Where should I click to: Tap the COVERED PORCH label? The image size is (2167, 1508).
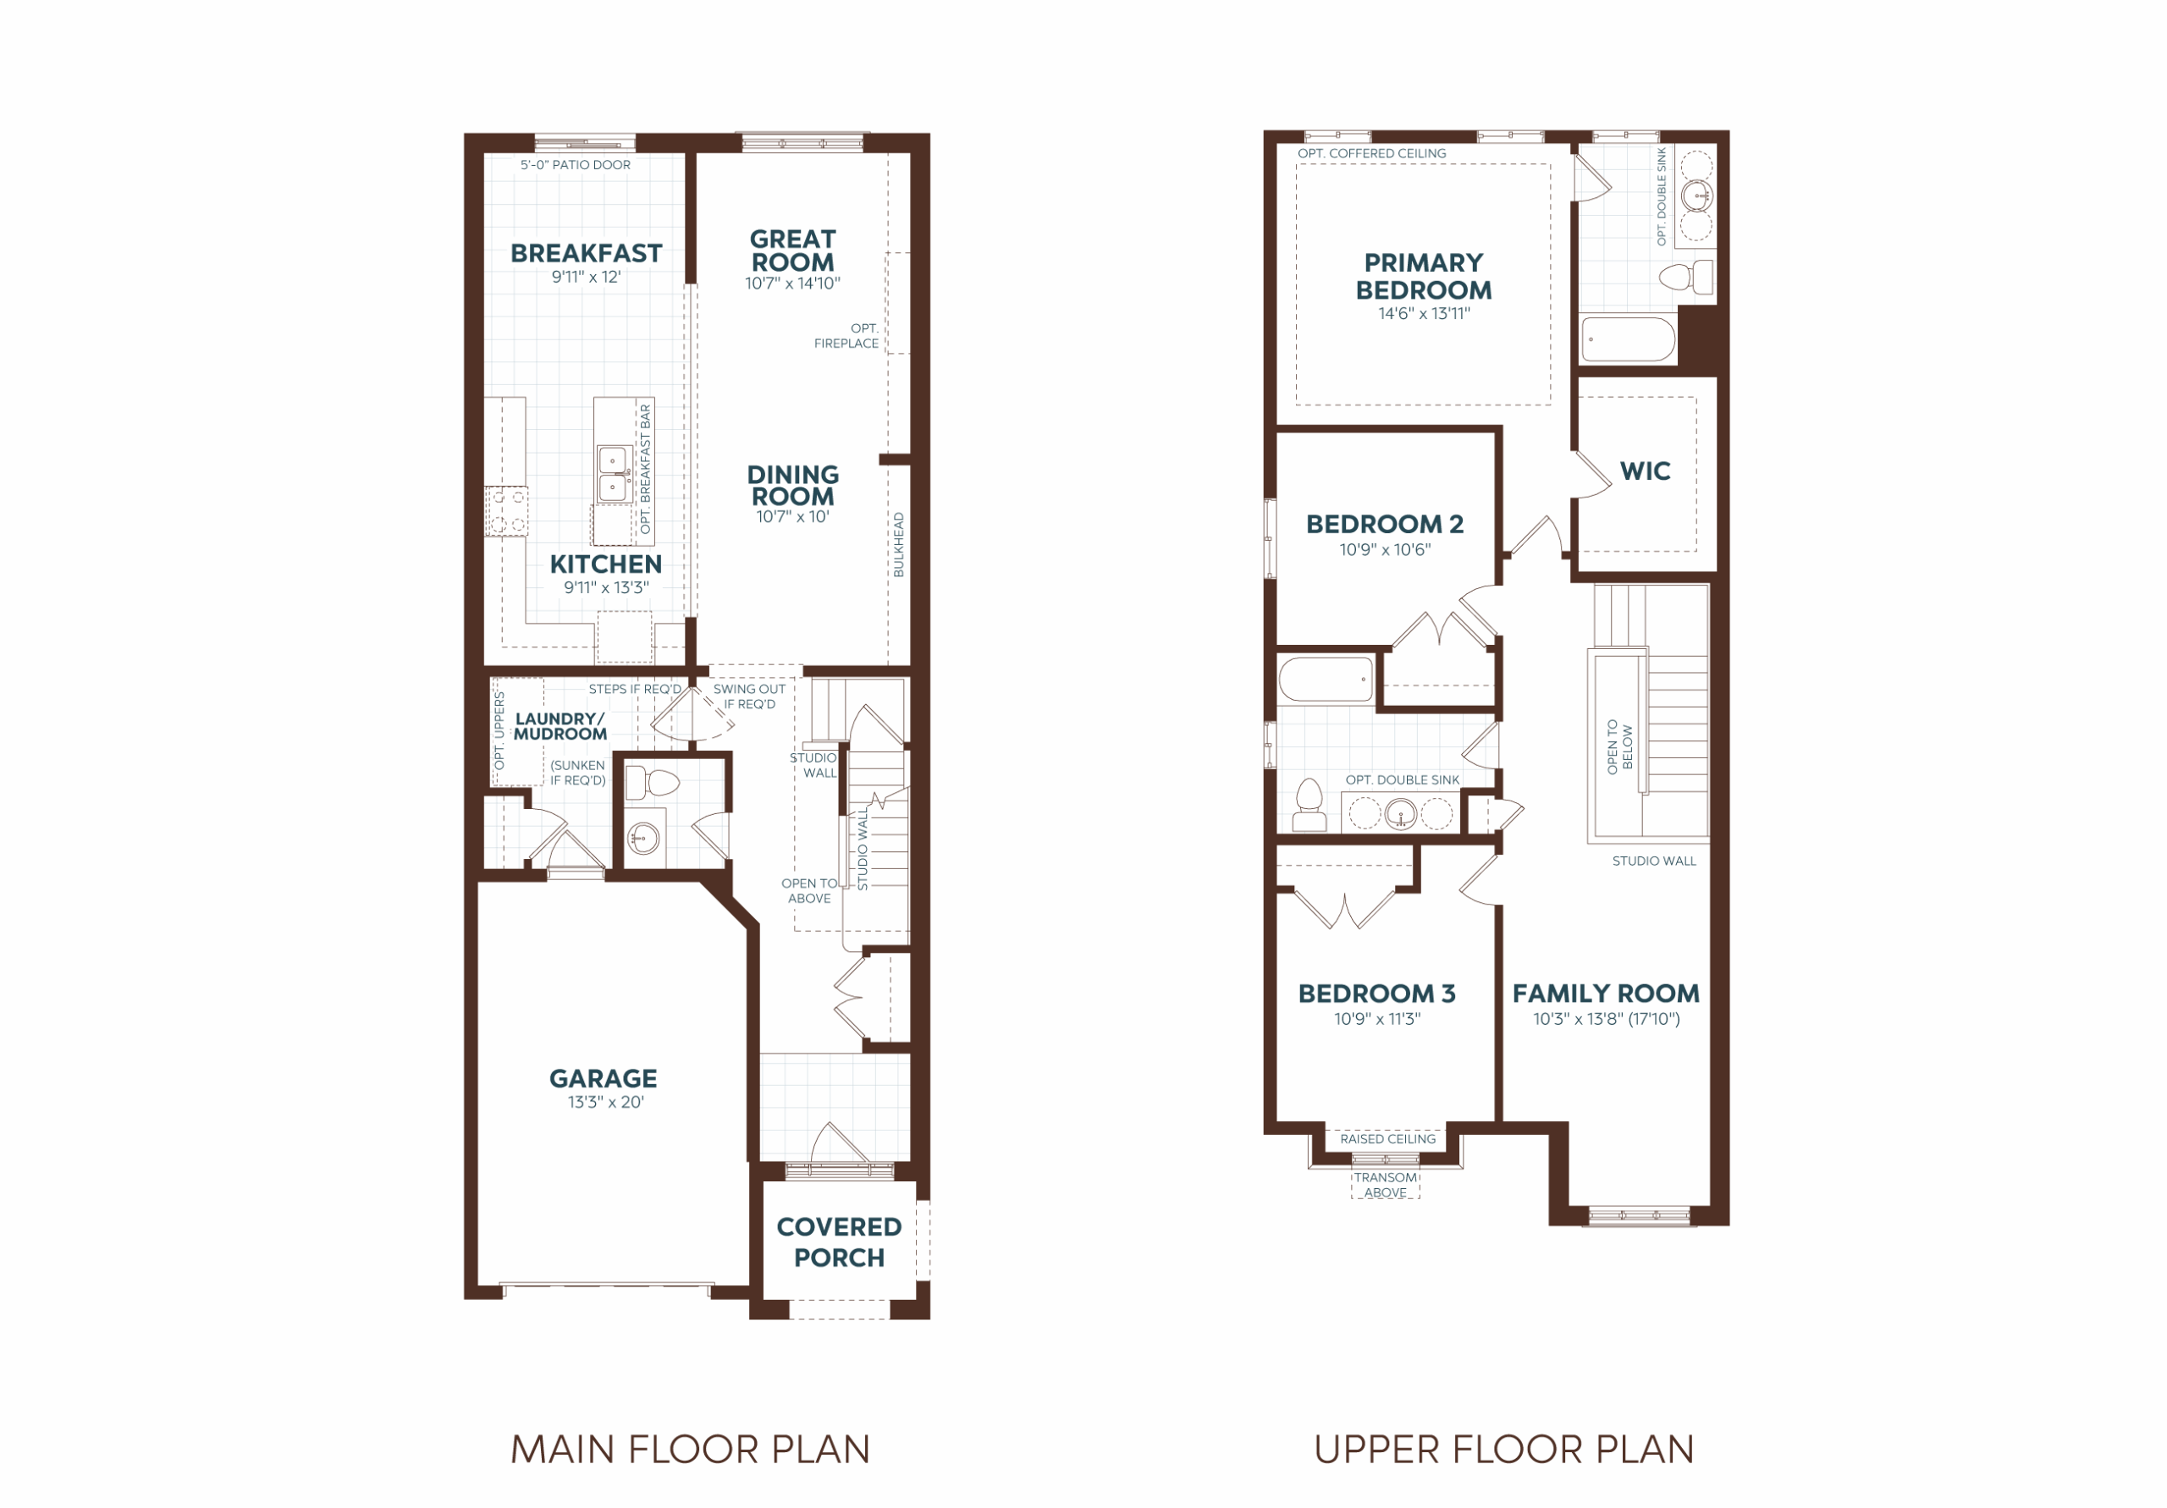[839, 1242]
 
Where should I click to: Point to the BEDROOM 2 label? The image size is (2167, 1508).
[1385, 524]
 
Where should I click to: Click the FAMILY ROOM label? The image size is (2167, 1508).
[1606, 993]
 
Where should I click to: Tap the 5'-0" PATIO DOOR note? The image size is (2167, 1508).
[576, 165]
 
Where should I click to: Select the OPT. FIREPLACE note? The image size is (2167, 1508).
[846, 336]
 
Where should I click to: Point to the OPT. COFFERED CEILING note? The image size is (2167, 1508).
[1371, 154]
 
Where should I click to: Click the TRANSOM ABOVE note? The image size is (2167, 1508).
[1386, 1186]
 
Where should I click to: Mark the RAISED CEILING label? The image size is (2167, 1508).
[1387, 1139]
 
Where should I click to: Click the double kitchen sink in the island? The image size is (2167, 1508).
[615, 474]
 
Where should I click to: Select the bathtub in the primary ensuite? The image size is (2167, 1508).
[1628, 339]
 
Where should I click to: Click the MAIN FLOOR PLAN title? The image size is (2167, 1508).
[690, 1450]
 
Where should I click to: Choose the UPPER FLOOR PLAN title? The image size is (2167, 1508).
[1503, 1450]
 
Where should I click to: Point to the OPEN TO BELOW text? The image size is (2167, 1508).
[1619, 747]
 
